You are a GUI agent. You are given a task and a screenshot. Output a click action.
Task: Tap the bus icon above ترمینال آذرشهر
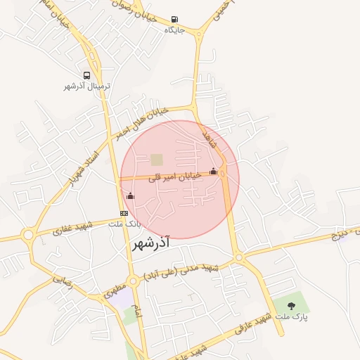86,75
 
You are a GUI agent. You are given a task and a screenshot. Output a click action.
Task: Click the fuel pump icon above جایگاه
174,19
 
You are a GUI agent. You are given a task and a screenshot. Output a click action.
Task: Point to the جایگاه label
174,30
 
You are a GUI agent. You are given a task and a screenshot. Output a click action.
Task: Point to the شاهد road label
210,138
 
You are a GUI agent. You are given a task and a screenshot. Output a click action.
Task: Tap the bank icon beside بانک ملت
124,213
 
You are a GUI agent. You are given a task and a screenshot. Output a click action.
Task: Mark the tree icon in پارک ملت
291,305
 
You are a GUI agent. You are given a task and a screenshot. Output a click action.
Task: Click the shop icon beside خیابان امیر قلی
213,171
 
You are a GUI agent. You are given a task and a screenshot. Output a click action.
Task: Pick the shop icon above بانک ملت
129,196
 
